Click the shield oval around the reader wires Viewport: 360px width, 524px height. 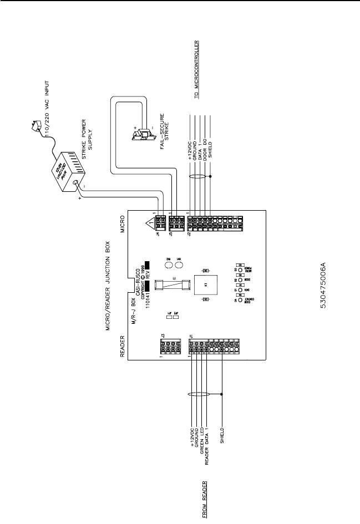coord(199,394)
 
